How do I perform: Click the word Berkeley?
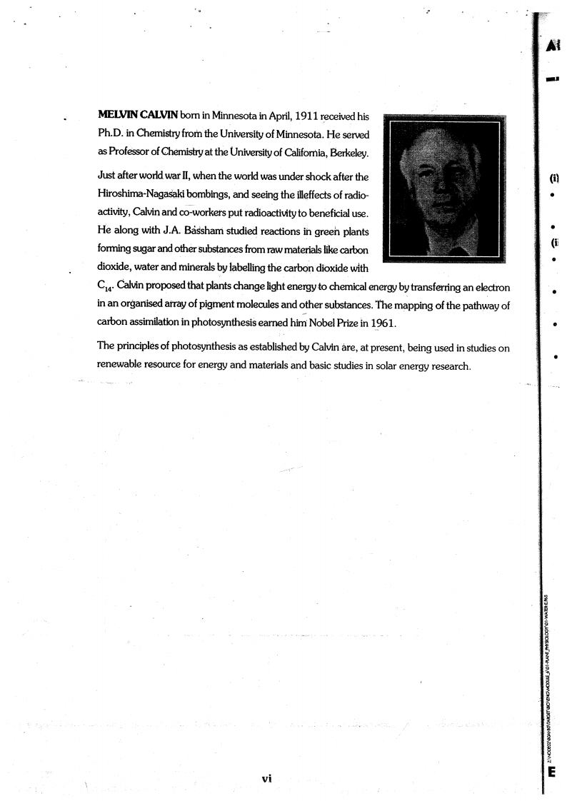346,152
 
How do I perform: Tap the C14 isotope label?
104,288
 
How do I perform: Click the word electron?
491,287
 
